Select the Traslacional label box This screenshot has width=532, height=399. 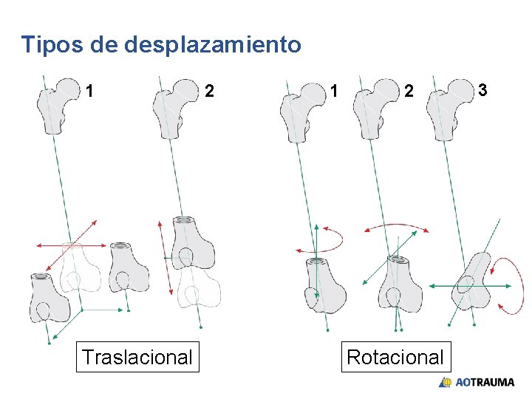[137, 358]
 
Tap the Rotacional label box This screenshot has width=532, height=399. [395, 358]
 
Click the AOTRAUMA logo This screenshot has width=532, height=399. [477, 382]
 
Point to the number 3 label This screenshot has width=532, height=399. [482, 90]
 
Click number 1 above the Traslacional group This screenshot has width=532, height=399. [89, 92]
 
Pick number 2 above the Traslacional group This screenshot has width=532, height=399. [210, 92]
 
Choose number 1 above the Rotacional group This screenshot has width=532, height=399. [335, 92]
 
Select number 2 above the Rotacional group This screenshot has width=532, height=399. [409, 92]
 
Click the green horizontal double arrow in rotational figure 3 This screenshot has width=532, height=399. [471, 285]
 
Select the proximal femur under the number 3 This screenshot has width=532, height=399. [451, 111]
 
